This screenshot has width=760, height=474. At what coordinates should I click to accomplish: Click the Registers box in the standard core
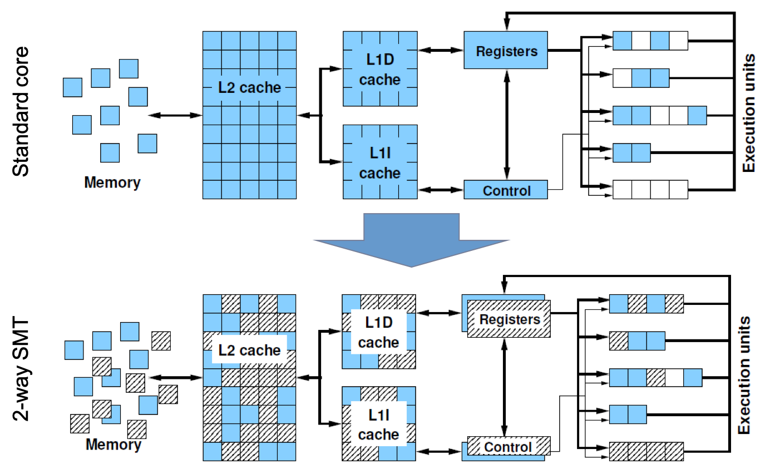[x=506, y=50]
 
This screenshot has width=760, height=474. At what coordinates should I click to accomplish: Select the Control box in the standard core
[x=506, y=190]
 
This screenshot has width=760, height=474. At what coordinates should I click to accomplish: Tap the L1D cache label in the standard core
[x=380, y=70]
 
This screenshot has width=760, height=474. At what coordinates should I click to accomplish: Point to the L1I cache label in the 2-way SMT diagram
[x=379, y=424]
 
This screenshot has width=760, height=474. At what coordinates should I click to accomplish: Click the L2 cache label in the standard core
[x=249, y=87]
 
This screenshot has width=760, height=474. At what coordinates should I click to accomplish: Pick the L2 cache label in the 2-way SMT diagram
[x=249, y=350]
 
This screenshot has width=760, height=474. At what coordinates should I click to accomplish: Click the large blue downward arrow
[x=411, y=240]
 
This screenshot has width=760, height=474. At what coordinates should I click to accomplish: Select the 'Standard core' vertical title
[x=21, y=111]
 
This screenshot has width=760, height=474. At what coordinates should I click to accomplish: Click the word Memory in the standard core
[x=112, y=182]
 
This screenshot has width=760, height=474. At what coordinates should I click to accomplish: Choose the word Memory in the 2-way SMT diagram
[x=113, y=445]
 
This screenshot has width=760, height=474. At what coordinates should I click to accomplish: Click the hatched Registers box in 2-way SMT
[x=509, y=319]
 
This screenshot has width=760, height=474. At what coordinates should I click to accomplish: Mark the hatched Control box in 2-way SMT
[x=509, y=446]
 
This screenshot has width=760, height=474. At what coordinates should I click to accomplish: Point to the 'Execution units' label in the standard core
[x=748, y=113]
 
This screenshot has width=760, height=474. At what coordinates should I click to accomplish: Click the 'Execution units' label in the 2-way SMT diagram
[x=744, y=375]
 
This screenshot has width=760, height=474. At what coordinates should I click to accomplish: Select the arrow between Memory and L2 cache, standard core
[x=175, y=115]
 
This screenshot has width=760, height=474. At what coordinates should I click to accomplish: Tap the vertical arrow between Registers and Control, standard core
[x=507, y=125]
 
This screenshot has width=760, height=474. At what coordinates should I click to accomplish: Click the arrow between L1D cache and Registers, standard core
[x=441, y=50]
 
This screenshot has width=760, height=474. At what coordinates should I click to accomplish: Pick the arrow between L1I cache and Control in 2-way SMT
[x=439, y=452]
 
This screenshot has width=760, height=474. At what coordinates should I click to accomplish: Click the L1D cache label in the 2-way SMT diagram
[x=379, y=332]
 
